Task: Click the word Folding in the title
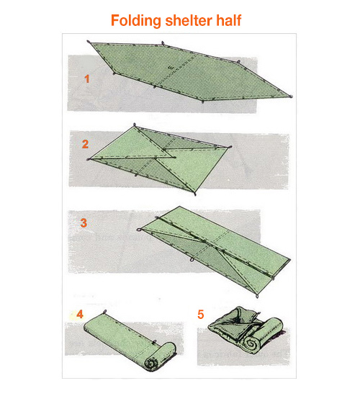coord(136,21)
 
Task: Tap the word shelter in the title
coord(189,20)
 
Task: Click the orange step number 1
coord(87,79)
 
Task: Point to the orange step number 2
coord(85,144)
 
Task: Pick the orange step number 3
coord(84,223)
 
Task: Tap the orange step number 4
coord(80,315)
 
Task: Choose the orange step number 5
coord(201,315)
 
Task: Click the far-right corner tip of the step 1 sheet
coord(292,96)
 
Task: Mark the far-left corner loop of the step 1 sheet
coord(89,42)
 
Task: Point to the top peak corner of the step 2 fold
coord(135,125)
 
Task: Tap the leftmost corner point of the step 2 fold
coord(89,159)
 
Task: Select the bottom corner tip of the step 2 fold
coord(195,194)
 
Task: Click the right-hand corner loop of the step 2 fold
coord(230,147)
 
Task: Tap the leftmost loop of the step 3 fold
coord(139,230)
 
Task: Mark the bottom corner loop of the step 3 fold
coord(257,296)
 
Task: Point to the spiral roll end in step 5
coord(251,343)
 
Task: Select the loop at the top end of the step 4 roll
coord(105,312)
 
